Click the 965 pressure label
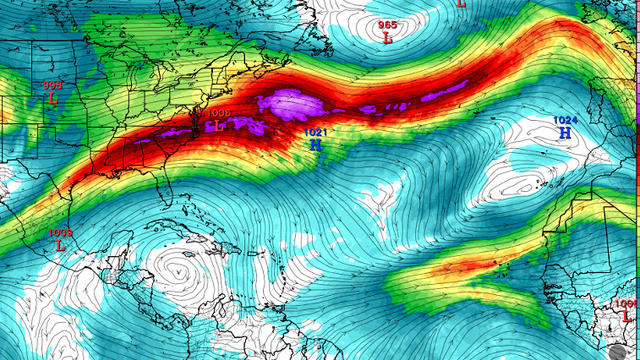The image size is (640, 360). (387, 25)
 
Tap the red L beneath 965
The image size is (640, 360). (388, 38)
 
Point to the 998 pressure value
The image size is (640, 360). (52, 86)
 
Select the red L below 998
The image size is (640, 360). (53, 99)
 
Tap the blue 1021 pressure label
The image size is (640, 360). (316, 131)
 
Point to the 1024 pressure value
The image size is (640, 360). (565, 120)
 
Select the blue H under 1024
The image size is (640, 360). (565, 133)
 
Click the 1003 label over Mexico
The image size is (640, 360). (61, 233)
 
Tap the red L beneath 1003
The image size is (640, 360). (61, 246)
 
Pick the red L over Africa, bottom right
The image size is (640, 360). (627, 317)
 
